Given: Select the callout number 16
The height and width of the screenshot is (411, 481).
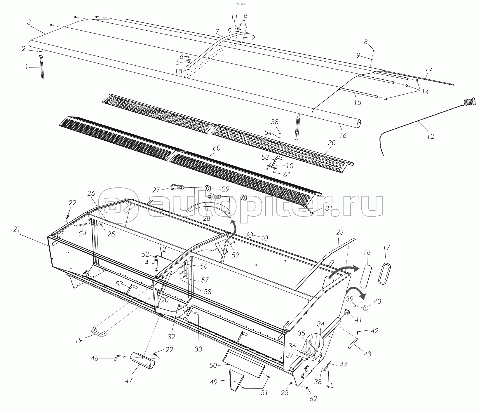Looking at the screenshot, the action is (343, 135).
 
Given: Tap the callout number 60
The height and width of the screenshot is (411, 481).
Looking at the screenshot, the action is (217, 148).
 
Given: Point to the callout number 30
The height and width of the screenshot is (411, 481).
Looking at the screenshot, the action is (332, 143).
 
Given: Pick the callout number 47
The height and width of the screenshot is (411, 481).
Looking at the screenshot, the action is (129, 380).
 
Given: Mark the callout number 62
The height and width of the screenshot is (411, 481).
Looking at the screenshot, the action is (313, 398).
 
